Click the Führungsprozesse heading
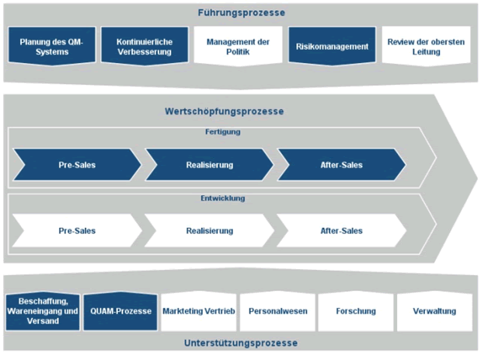click(x=241, y=13)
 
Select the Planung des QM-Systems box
click(x=46, y=47)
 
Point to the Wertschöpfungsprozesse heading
click(x=225, y=111)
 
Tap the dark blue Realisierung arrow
click(x=209, y=165)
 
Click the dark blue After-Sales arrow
click(x=341, y=165)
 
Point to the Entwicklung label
click(x=222, y=198)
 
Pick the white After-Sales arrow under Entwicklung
click(x=341, y=231)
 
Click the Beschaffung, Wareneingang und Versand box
click(x=44, y=311)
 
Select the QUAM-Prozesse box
click(x=120, y=311)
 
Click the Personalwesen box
click(x=277, y=311)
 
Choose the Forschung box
click(x=356, y=311)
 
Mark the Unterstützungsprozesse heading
click(x=241, y=343)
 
